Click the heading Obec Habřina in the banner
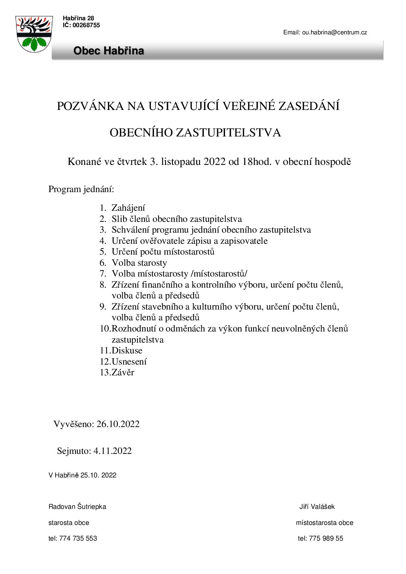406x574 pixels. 108,51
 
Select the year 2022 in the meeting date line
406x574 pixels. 215,162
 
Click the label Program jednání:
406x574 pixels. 81,189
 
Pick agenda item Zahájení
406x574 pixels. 128,208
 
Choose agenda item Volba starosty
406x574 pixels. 139,263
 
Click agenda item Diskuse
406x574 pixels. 127,350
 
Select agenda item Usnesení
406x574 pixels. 129,362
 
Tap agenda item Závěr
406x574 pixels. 123,372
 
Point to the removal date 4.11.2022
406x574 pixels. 112,451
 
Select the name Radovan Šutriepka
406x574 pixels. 77,507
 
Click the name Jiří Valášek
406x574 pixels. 317,507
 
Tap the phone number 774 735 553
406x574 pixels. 78,538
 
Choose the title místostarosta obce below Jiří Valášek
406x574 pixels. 324,523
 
